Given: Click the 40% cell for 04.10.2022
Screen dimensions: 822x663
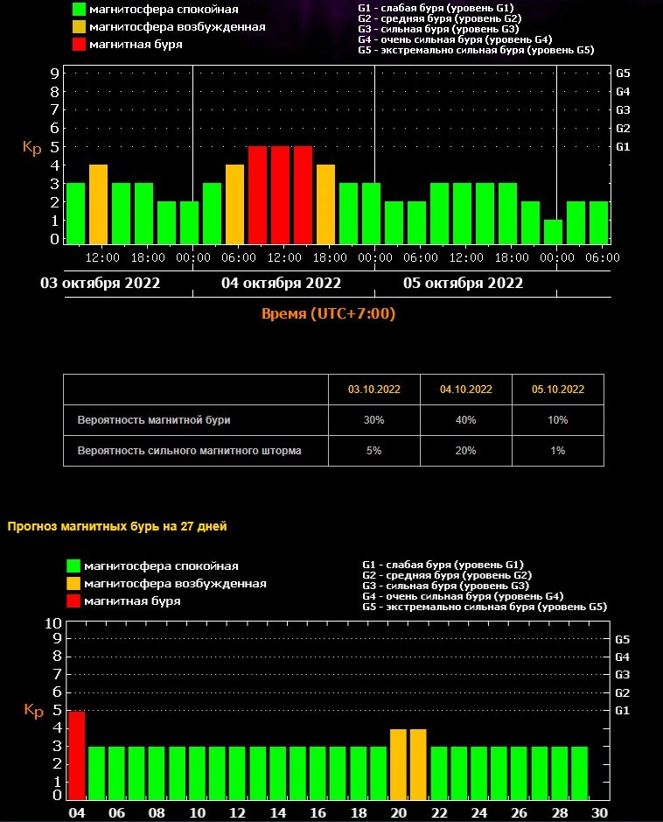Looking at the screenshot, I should tap(466, 420).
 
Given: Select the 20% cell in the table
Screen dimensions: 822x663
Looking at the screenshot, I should tap(466, 451).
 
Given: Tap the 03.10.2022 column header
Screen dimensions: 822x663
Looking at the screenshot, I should tap(374, 390).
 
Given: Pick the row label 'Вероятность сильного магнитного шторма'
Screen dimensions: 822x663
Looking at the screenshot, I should tap(190, 451).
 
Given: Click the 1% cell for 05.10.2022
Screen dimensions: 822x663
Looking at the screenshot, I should tap(558, 451).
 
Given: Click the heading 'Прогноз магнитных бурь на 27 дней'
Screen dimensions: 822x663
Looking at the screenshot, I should tap(117, 526).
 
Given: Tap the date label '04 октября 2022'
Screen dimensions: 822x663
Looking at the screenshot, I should tap(281, 284).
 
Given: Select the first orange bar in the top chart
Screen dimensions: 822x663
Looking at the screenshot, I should tap(98, 203).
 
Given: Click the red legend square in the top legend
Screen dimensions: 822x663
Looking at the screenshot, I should tap(79, 44).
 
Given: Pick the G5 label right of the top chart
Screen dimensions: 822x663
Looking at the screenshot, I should tap(623, 73).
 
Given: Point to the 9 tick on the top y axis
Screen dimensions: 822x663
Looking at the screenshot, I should tap(54, 73).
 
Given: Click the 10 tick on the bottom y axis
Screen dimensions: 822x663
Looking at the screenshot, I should tap(53, 623).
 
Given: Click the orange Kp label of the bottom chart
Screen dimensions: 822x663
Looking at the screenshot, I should tap(33, 711).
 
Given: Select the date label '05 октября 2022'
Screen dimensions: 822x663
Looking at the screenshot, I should tap(463, 284).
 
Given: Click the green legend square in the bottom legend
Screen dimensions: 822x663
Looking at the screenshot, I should tap(74, 566).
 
